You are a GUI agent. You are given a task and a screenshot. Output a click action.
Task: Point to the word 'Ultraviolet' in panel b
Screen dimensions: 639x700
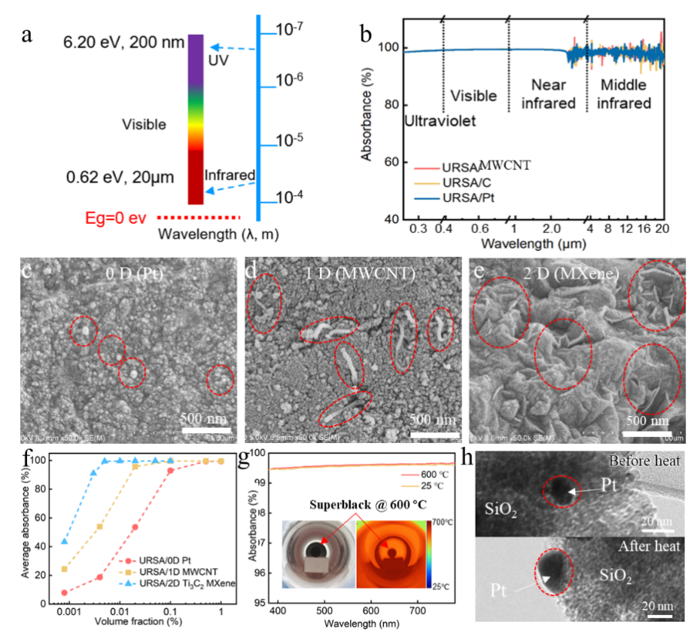click(x=440, y=121)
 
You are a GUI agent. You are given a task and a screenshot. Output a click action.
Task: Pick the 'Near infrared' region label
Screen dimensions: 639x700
click(x=548, y=93)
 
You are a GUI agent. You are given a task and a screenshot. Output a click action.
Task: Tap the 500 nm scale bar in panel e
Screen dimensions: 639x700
click(x=647, y=432)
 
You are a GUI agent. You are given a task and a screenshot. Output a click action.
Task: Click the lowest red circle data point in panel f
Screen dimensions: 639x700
click(x=64, y=592)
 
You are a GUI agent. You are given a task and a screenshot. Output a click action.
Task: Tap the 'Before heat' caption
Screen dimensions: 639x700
click(x=644, y=460)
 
